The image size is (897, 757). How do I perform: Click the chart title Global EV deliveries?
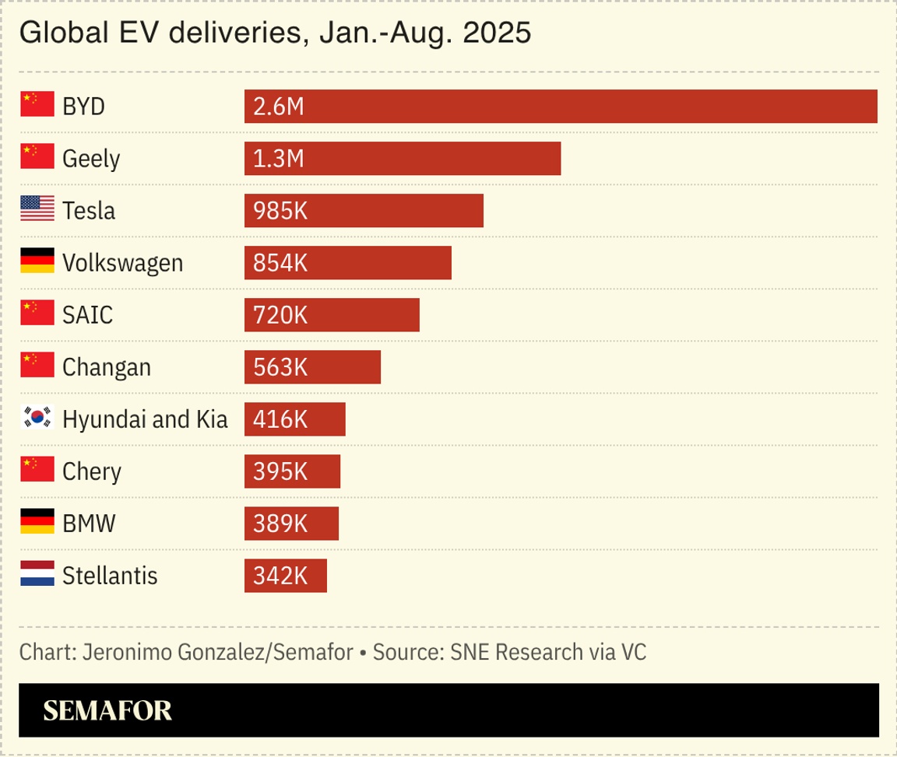(x=275, y=33)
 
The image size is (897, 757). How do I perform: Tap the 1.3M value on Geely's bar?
(x=278, y=159)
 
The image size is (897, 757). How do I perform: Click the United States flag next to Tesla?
(x=37, y=210)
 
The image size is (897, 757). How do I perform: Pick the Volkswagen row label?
(x=122, y=263)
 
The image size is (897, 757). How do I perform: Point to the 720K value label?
(x=280, y=315)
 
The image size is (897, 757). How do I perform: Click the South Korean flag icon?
(x=37, y=419)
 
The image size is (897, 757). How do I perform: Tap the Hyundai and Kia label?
(x=145, y=419)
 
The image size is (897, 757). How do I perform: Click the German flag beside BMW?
(x=37, y=523)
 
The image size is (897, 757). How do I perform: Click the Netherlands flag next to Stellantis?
(x=37, y=576)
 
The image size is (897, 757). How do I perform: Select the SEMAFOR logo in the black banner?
(x=107, y=710)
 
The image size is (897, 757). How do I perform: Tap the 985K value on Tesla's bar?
(x=280, y=211)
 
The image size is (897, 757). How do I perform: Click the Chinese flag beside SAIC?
(x=37, y=314)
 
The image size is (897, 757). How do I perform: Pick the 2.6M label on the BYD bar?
(x=278, y=107)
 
